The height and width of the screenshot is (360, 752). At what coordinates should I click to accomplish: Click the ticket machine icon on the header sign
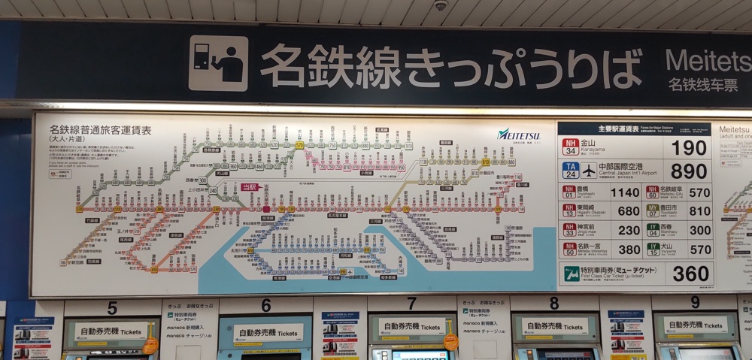pos(218,63)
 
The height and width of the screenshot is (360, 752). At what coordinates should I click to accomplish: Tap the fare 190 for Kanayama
pos(690,147)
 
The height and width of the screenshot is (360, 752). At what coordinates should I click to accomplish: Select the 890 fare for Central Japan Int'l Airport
pos(690,171)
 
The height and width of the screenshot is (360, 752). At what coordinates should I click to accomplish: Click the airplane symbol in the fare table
pos(588,171)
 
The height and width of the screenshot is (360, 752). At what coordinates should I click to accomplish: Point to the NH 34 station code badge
pos(570,147)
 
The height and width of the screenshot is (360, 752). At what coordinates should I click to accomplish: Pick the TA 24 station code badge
pos(570,171)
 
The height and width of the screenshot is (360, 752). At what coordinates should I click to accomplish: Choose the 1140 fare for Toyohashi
pos(625,192)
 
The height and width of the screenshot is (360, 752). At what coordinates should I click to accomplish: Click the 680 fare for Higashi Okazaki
pos(628,211)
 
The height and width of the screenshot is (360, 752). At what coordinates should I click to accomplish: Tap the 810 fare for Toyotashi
pos(700,211)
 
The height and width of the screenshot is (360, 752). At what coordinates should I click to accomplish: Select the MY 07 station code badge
pos(653,211)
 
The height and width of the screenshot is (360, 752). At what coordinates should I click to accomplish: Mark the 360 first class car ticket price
pos(690,274)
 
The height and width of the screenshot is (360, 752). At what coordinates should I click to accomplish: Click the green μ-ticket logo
pos(572,274)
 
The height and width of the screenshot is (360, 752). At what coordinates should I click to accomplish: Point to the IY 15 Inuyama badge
pos(653,249)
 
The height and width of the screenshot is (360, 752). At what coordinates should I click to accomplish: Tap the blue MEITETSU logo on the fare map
pos(518,135)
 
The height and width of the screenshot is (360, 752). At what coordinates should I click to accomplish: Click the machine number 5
pos(112,307)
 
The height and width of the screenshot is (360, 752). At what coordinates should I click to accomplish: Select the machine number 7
pos(411,304)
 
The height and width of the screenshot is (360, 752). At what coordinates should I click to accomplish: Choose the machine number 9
pos(695,302)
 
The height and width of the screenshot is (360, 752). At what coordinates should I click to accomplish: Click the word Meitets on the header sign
pos(708,60)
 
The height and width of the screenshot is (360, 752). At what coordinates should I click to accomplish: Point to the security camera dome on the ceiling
pos(441,5)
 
